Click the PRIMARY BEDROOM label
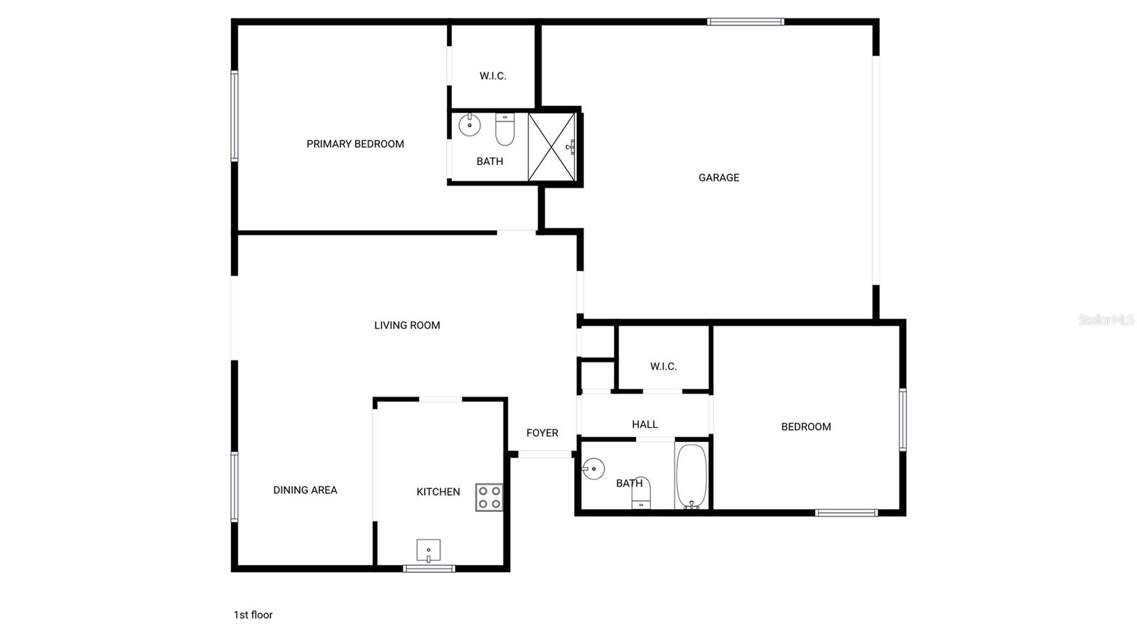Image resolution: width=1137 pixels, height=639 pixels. tap(355, 144)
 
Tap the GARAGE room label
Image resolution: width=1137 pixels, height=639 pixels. tap(718, 178)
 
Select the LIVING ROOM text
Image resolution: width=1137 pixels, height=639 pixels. tap(407, 326)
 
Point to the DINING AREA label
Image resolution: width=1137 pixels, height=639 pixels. tap(305, 490)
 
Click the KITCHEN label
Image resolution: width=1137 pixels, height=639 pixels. tap(438, 492)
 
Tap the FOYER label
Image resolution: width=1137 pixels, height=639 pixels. tap(542, 433)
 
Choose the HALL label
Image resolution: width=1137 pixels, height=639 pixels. tap(645, 424)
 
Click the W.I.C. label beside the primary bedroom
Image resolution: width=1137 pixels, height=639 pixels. tap(493, 76)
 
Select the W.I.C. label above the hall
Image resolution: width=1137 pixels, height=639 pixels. tap(664, 367)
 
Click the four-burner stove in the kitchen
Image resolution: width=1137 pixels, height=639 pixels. tap(489, 498)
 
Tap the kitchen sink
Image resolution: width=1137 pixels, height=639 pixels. tap(429, 551)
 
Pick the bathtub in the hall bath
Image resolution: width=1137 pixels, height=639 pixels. tap(691, 476)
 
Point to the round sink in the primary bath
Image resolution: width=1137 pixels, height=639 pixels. tap(470, 125)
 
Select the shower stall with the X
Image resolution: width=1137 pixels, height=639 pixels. tap(551, 146)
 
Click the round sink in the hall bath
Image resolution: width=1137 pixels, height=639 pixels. tap(593, 469)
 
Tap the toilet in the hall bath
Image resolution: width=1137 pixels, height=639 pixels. tap(641, 493)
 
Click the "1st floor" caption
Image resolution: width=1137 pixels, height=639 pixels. tap(253, 615)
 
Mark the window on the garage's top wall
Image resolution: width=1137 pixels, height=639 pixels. tap(745, 22)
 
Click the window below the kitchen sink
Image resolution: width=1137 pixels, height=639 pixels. tap(429, 569)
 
